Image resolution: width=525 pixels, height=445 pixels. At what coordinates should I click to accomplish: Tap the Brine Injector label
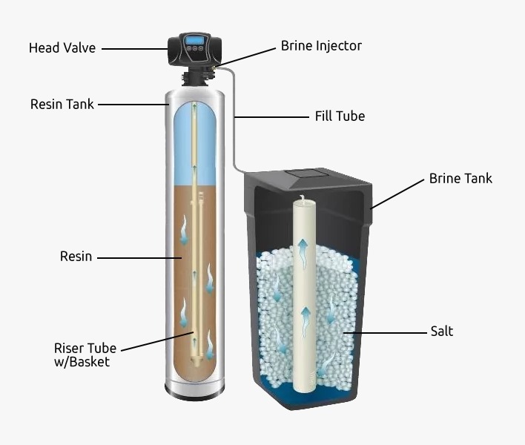coord(321,46)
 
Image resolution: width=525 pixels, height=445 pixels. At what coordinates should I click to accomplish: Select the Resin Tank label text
coord(62,104)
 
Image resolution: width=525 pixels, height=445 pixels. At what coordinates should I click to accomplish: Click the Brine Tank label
coord(460,179)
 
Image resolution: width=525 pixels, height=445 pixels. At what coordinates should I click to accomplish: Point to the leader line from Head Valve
coord(135,49)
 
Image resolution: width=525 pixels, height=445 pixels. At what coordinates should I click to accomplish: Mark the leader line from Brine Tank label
coord(398,194)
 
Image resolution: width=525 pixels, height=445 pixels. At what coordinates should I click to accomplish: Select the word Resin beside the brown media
coord(76,257)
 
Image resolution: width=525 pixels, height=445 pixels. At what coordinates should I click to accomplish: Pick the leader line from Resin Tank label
coord(133,105)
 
